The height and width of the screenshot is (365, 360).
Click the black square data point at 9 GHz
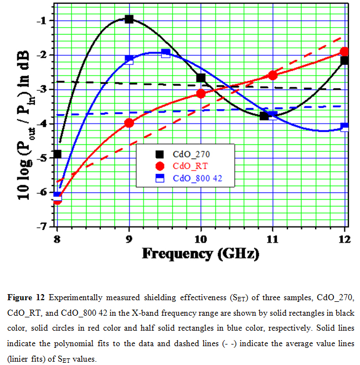(129, 19)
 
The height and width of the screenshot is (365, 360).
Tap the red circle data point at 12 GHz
(344, 52)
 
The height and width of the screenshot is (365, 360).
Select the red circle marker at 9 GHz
(129, 123)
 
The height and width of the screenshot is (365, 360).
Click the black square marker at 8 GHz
(57, 154)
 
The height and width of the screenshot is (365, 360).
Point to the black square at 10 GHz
(201, 78)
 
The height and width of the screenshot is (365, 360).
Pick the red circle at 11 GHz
(272, 75)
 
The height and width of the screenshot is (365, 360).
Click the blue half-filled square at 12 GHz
(344, 127)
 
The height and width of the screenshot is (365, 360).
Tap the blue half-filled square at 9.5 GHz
(166, 53)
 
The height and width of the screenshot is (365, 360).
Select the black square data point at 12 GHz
(344, 60)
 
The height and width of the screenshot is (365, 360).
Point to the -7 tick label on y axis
(42, 227)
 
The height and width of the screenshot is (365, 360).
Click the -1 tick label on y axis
(42, 20)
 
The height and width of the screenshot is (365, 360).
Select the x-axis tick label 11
(272, 239)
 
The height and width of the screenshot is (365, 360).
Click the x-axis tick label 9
(129, 239)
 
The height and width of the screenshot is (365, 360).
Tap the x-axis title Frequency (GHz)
(200, 254)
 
